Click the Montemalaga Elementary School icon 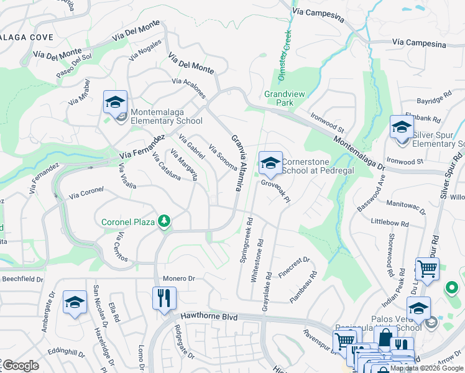tap(115, 103)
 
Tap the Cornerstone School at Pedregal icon tap(270, 163)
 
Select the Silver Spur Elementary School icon tap(402, 128)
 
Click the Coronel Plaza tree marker tap(164, 221)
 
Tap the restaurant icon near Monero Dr tap(165, 298)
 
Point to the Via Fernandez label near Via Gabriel tap(142, 147)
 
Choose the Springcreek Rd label tap(246, 240)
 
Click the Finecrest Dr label tap(294, 267)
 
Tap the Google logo tap(20, 365)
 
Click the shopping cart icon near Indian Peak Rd tap(427, 269)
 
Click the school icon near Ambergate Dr tap(75, 303)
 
